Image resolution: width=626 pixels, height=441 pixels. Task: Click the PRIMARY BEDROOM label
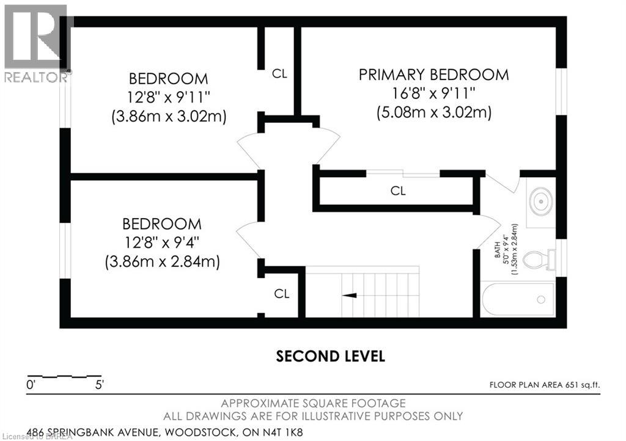[x=433, y=75]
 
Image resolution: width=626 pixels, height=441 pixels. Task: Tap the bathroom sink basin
[x=541, y=202]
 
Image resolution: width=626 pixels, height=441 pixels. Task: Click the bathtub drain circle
[x=542, y=299]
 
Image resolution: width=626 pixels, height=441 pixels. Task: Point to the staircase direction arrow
[x=350, y=296]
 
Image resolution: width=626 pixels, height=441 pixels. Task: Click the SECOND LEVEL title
[x=331, y=356]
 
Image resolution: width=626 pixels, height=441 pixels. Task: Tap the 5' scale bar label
[x=99, y=385]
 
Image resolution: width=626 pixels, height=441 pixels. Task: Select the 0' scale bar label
[x=31, y=385]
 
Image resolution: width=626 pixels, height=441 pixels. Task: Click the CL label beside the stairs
[x=281, y=294]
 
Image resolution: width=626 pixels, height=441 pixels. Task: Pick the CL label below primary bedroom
[x=398, y=191]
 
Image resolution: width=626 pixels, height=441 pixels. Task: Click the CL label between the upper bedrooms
[x=279, y=74]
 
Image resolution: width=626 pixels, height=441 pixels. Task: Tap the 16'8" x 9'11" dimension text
[x=433, y=93]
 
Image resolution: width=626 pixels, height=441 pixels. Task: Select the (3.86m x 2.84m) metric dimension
[x=163, y=263]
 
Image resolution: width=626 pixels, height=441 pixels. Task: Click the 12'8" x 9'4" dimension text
[x=161, y=242]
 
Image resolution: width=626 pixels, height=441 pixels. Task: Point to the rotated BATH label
[x=498, y=250]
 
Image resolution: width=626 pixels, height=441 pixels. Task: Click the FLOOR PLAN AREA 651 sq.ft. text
[x=545, y=385]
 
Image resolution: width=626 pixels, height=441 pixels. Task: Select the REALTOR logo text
[x=36, y=77]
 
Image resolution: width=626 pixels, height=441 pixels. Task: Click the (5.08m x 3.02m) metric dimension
[x=434, y=113]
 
